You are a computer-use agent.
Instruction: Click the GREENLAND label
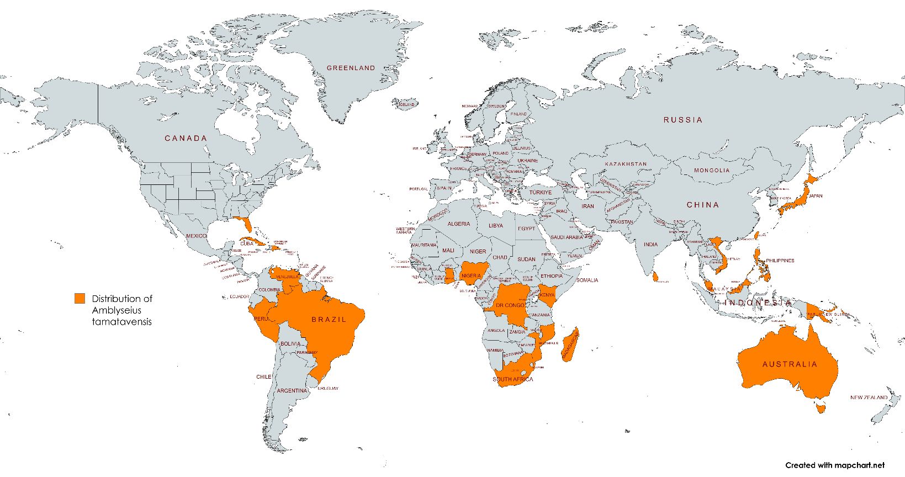point(351,68)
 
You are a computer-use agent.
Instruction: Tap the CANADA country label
point(186,138)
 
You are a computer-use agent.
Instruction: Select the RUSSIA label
point(683,120)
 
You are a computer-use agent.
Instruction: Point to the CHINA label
point(703,205)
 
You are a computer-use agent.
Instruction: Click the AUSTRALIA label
point(790,364)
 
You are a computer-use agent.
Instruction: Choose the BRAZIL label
point(329,319)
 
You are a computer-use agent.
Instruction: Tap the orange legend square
point(80,299)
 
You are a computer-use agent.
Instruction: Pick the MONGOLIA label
point(712,171)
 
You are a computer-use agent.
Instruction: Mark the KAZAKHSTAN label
point(625,165)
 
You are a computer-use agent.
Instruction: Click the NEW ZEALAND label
point(869,397)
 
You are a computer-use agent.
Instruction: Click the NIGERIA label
point(471,275)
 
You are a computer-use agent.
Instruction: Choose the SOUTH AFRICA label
point(513,379)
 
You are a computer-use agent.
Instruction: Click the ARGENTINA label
point(292,390)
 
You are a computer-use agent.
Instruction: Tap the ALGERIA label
point(459,224)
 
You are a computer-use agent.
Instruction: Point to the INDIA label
point(650,245)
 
